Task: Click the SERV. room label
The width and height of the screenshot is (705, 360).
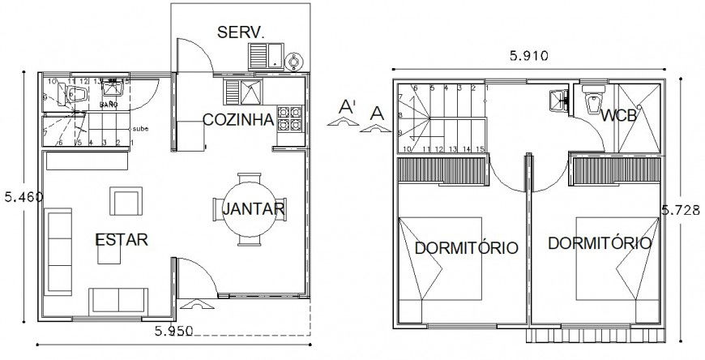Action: click(241, 32)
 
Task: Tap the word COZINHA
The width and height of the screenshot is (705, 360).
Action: click(237, 120)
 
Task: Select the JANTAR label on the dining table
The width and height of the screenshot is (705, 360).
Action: click(252, 208)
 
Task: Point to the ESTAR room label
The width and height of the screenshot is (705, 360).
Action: click(122, 240)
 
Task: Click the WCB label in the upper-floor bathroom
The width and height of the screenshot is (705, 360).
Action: click(619, 116)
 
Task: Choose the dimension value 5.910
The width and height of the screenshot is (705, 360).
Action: click(529, 56)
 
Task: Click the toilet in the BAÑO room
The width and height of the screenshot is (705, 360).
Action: click(78, 96)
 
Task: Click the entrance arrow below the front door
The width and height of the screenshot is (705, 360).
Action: click(196, 305)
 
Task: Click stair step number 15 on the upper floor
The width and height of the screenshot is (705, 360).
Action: click(481, 149)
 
